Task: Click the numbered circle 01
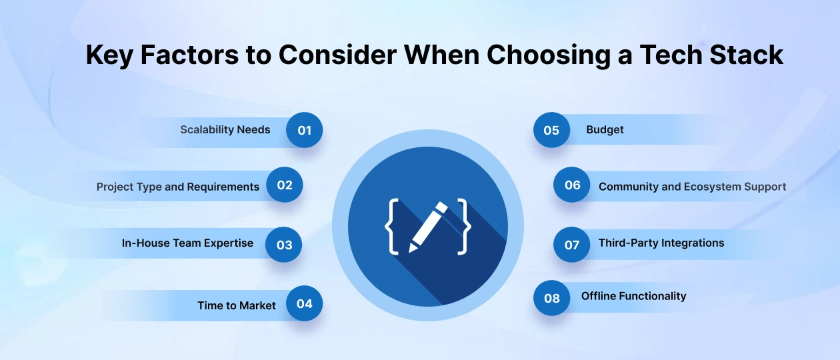tap(304, 130)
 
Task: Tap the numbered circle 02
tap(284, 185)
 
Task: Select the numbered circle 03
tap(283, 245)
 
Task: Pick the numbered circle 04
tap(304, 303)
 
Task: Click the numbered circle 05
tap(551, 130)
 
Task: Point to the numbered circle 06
tap(572, 185)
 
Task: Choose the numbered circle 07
tap(572, 245)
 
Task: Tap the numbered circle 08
tap(551, 298)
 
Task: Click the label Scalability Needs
tap(225, 130)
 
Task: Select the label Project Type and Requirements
tap(178, 187)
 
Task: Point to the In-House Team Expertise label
tap(187, 243)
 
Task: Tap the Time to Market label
tap(237, 305)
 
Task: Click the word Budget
tap(605, 130)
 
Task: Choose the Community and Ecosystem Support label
tap(692, 187)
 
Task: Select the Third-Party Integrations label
tap(661, 243)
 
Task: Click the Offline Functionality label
tap(634, 296)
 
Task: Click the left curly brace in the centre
tap(391, 227)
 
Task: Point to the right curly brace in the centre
tap(464, 227)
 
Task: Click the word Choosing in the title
tap(549, 55)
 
